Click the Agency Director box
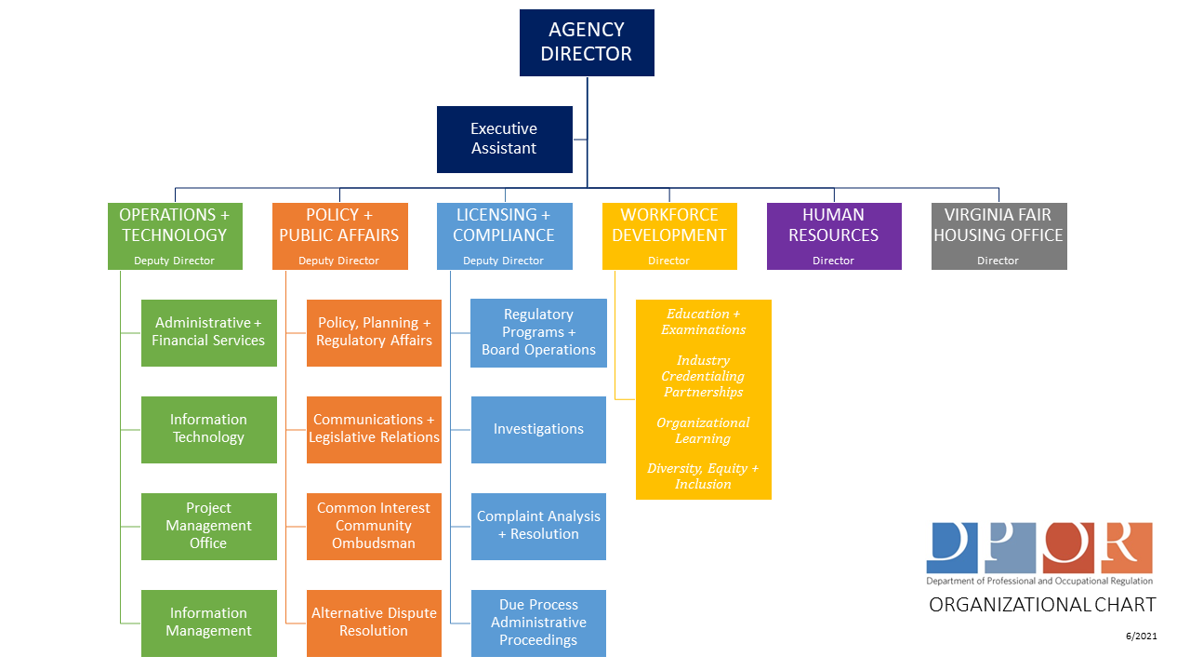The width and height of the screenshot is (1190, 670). coord(587,43)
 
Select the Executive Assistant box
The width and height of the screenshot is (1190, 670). coord(504,139)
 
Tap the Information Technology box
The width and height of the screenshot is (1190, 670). coord(208,429)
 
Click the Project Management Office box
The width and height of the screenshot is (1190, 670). coord(208,526)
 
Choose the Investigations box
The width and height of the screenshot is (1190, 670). coord(538,429)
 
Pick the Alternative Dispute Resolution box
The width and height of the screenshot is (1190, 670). coord(374,623)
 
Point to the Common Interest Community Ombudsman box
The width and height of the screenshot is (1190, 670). coord(374,526)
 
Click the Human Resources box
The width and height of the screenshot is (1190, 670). coord(833,235)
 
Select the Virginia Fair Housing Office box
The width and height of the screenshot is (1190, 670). coord(998,235)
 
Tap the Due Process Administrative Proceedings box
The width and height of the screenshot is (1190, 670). coord(538,623)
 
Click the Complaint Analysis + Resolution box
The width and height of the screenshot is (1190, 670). coord(538,526)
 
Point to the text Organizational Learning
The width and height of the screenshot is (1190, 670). coord(703,431)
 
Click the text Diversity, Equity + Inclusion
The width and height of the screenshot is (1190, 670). coord(703,476)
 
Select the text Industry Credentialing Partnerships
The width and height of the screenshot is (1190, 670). coord(703,376)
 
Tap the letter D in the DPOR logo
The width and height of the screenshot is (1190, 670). coord(951,548)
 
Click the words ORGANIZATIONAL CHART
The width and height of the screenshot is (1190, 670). coord(1042,605)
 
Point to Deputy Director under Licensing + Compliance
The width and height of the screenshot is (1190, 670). coord(503,261)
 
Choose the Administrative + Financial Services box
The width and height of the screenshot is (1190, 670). coord(208,332)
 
